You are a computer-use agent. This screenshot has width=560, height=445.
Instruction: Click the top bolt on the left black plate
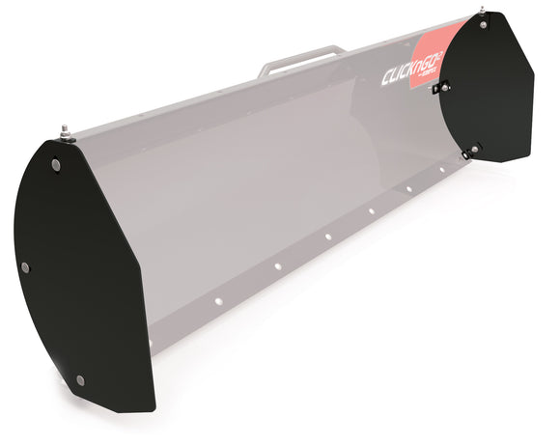(x=56, y=166)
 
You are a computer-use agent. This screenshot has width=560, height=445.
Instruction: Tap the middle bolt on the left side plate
(x=26, y=266)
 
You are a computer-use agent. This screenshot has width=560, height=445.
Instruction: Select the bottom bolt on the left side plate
(x=80, y=379)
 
